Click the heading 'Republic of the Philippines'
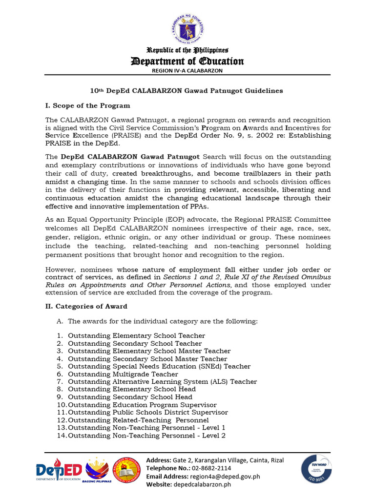click(188, 50)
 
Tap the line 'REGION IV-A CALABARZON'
click(188, 70)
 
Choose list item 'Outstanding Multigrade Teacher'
click(123, 374)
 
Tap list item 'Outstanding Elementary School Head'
click(132, 389)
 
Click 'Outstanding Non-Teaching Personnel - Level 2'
click(146, 436)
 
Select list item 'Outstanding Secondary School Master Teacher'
click(147, 359)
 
